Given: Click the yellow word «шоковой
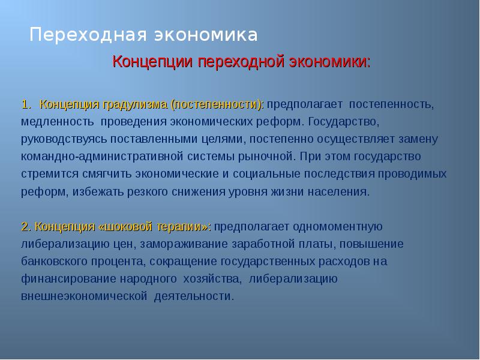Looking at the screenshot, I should coord(122,227).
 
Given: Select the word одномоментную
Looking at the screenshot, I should coord(340,227).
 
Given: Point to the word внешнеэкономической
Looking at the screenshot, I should coord(84,297).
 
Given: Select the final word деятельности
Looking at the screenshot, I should coord(194,297).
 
